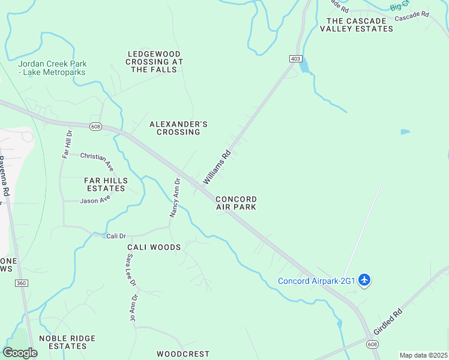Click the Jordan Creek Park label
(52, 68)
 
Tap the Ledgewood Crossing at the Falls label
(155, 62)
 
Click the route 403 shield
(295, 58)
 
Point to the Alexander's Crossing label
(178, 128)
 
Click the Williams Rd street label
(217, 167)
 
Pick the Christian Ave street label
(97, 159)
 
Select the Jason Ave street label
(95, 200)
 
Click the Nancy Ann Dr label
(175, 198)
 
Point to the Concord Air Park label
(236, 203)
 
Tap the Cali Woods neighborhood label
(154, 247)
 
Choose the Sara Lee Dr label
(131, 269)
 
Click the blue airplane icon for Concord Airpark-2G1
(364, 280)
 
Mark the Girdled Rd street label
(387, 322)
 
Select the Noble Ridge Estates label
(67, 342)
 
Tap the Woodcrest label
(183, 354)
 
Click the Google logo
(20, 352)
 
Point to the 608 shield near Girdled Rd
(373, 344)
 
